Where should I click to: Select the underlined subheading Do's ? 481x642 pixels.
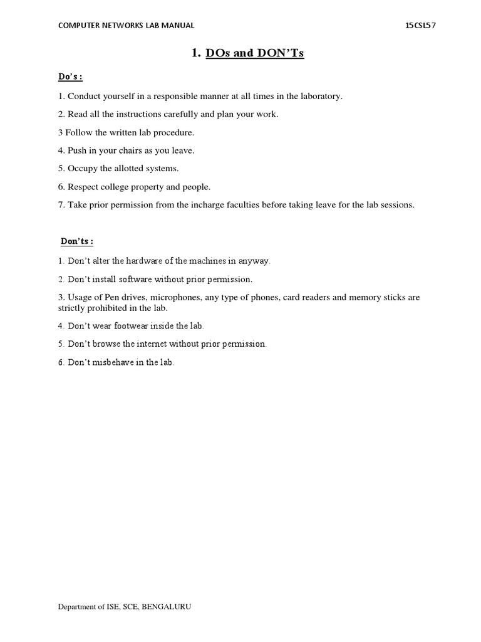[71, 77]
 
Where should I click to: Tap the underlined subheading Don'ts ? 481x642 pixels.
[77, 241]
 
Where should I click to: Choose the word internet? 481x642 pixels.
[154, 344]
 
